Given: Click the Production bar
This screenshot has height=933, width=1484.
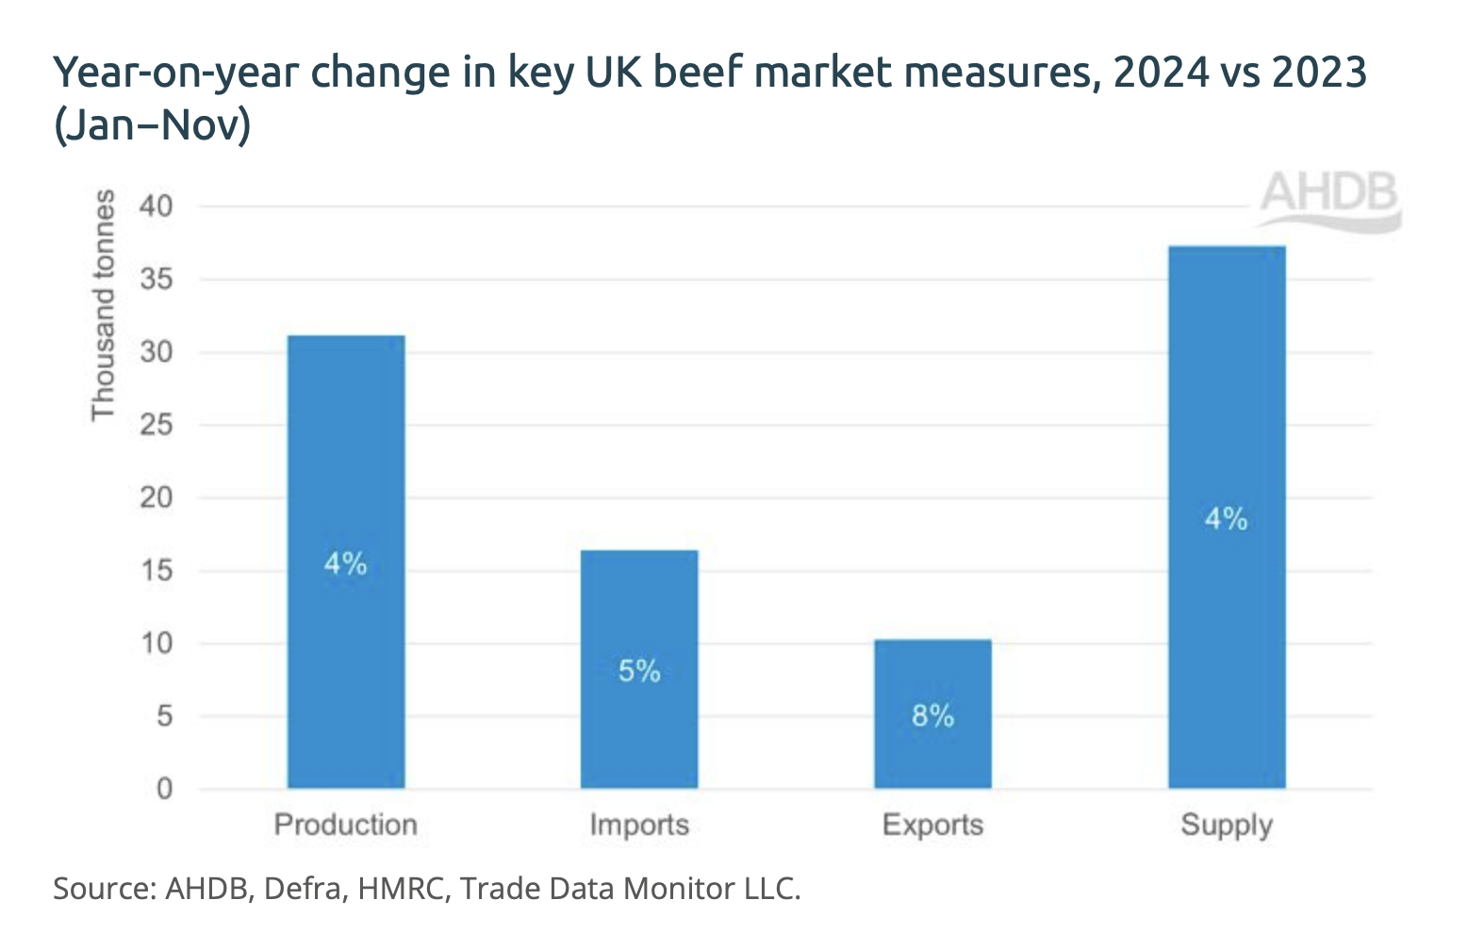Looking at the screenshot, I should [346, 452].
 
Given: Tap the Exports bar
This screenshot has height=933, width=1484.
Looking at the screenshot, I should [932, 679].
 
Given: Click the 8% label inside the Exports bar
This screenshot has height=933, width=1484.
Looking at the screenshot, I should [932, 716].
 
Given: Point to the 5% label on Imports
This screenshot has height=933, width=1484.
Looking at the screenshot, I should [639, 671].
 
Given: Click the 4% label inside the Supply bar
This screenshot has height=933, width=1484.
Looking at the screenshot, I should [1226, 518].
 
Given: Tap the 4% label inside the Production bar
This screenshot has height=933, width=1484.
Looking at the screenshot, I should [345, 564].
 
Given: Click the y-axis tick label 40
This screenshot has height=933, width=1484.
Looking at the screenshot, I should [157, 205].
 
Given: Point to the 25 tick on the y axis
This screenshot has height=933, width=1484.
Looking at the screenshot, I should [157, 425].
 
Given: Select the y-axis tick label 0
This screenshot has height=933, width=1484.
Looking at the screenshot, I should [165, 789].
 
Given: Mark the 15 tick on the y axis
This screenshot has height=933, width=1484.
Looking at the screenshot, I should [157, 570].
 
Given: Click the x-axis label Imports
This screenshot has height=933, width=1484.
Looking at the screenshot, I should [639, 825].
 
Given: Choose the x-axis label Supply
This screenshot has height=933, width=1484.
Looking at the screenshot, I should [1227, 825].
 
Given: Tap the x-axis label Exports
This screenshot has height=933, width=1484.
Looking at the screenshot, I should [932, 825].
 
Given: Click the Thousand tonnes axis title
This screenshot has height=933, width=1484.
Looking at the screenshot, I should [103, 305].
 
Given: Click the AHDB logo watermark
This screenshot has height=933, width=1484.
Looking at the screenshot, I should [1328, 198].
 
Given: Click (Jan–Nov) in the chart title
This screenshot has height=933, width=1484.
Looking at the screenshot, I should [152, 124].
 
